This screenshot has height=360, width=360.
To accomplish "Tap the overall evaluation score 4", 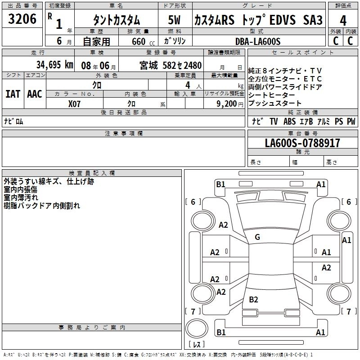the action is (343, 21).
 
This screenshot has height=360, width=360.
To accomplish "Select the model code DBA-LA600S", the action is (258, 41).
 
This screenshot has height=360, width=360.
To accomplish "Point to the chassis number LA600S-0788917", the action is (302, 144).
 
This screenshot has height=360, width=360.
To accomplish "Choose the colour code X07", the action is (74, 103).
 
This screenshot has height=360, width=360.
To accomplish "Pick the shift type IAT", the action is (13, 94).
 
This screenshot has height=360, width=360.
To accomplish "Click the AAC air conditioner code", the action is (34, 94).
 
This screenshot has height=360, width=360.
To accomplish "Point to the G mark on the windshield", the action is (257, 237).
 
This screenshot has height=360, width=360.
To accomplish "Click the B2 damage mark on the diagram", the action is (253, 300).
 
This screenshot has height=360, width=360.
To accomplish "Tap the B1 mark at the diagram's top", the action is (220, 184).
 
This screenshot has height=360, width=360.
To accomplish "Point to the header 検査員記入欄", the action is (92, 173).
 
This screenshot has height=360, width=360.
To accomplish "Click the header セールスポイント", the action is (303, 53).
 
